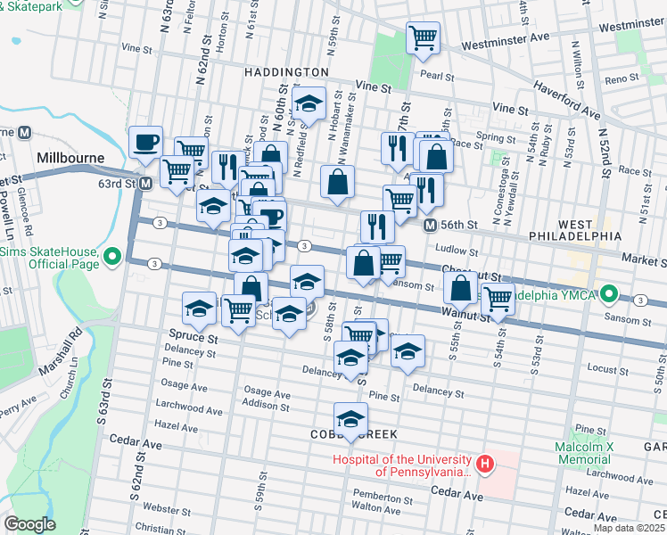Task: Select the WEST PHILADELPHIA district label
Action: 589,229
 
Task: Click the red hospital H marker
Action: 484,464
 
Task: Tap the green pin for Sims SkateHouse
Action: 111,259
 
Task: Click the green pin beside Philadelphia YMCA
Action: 609,293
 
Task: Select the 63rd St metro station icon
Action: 145,183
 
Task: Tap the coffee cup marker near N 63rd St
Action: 145,142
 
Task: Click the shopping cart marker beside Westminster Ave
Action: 422,38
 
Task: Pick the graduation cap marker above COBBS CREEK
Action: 351,419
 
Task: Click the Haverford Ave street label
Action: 568,101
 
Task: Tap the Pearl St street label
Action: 439,76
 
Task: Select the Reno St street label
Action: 616,80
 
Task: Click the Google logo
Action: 29,524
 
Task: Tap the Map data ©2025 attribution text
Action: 629,528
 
